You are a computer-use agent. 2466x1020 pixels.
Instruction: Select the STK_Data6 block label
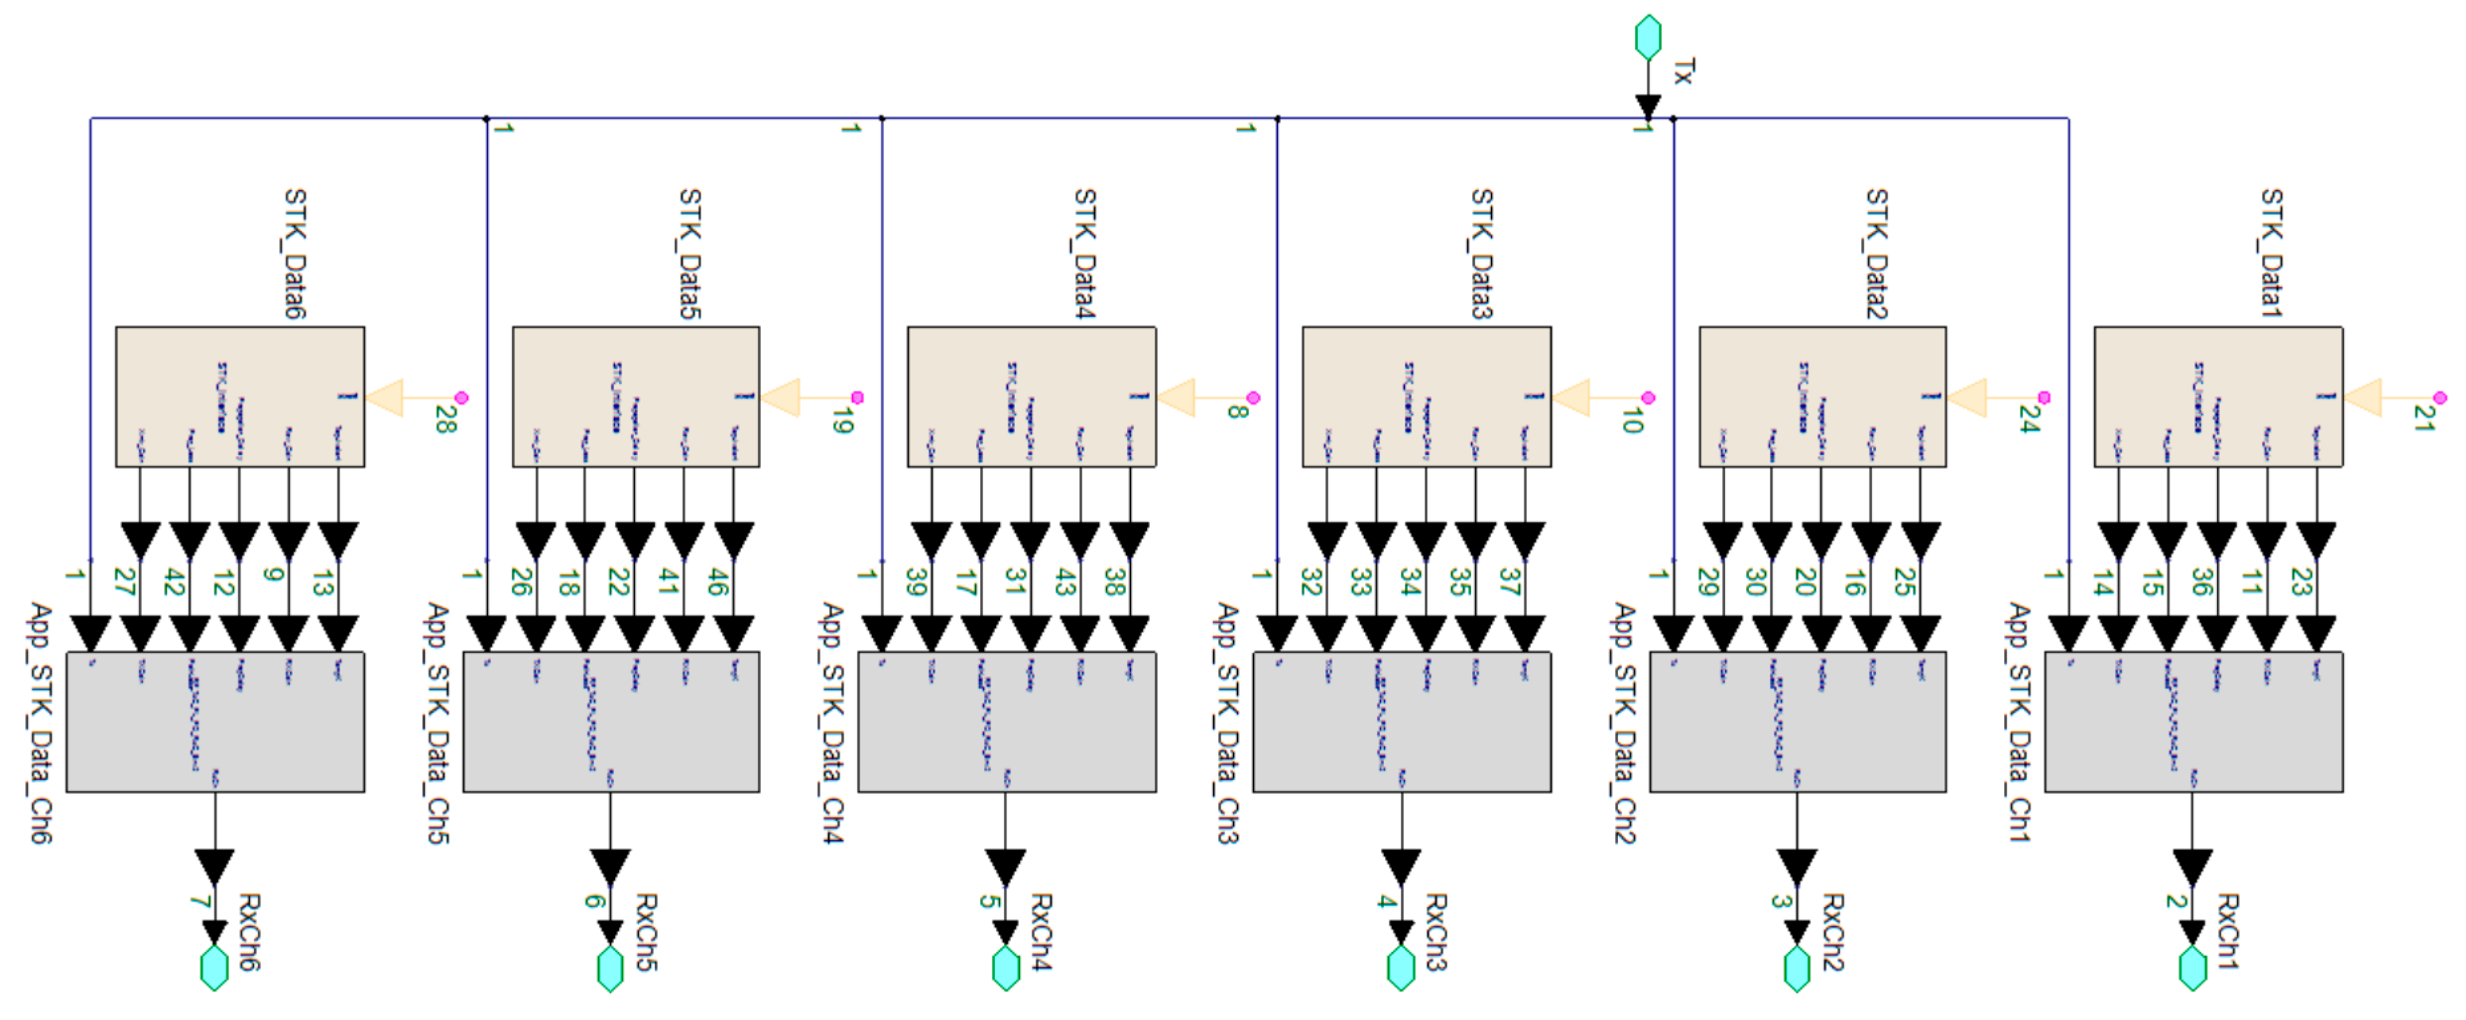(x=295, y=253)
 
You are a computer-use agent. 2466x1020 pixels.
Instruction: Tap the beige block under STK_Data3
(x=1425, y=396)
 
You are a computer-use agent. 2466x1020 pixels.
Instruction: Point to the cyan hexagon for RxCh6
(x=214, y=967)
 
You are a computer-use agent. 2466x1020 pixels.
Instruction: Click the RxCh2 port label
(x=1832, y=932)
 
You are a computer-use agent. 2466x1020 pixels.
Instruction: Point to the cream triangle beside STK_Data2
(x=1968, y=397)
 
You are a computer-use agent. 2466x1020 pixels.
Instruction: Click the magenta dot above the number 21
(x=2438, y=397)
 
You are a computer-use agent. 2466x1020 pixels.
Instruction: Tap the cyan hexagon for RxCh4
(x=1005, y=967)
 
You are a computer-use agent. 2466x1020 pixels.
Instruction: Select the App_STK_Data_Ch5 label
(x=438, y=722)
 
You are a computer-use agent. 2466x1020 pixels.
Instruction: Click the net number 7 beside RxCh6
(x=198, y=901)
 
